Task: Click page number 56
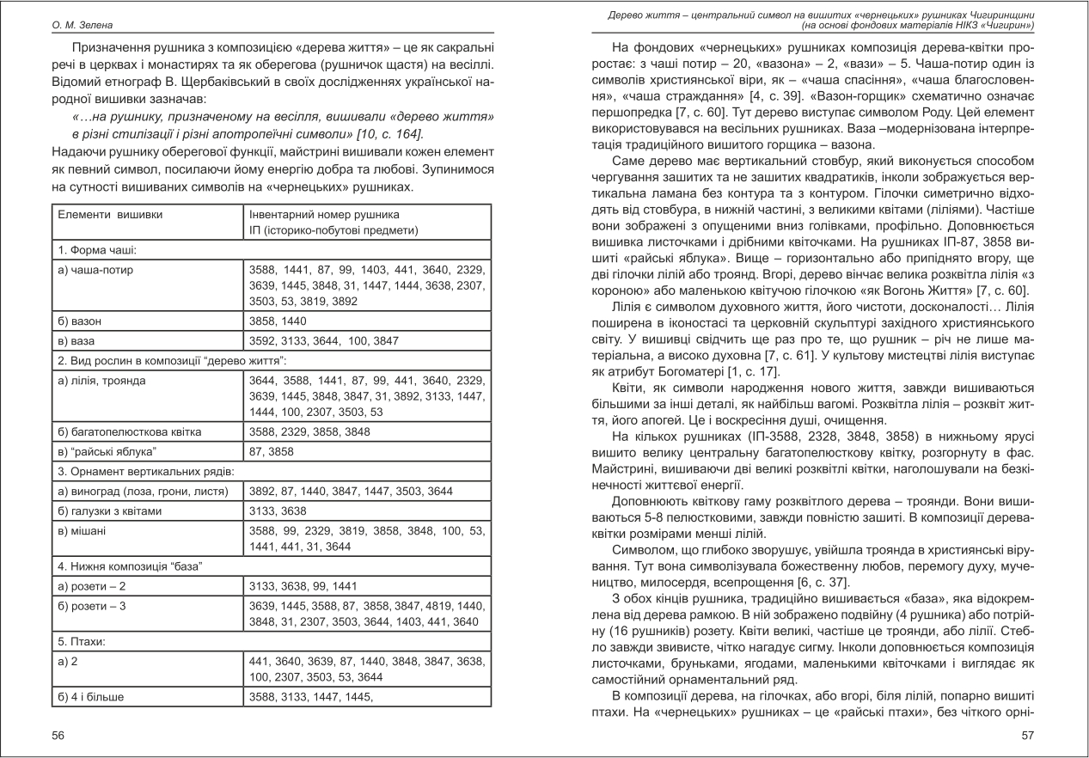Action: click(58, 735)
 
